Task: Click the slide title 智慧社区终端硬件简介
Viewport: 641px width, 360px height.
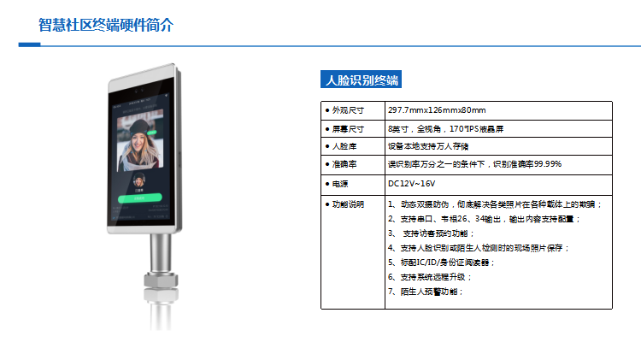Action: [x=106, y=25]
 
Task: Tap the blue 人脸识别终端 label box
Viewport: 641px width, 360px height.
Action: [x=361, y=80]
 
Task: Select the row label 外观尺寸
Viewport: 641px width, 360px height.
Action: [x=348, y=110]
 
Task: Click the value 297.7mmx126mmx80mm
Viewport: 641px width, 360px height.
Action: [x=437, y=110]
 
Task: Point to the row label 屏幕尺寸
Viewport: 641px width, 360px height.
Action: [x=348, y=129]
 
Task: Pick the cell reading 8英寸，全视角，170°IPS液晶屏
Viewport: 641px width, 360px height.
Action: [x=445, y=129]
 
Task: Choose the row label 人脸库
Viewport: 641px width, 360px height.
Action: [x=344, y=146]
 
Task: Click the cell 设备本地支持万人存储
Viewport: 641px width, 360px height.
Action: [x=428, y=146]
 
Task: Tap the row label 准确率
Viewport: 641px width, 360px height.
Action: [x=344, y=164]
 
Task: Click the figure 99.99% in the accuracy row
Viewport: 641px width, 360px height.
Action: [x=548, y=164]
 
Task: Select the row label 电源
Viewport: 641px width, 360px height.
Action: [x=340, y=184]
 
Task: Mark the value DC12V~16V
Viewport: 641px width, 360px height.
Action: [x=411, y=184]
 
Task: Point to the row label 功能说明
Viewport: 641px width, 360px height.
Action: [x=348, y=204]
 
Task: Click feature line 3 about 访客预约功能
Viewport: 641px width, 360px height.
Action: [x=431, y=233]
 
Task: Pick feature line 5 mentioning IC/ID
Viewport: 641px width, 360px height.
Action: [x=441, y=263]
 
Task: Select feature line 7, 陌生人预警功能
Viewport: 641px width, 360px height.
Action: [x=425, y=292]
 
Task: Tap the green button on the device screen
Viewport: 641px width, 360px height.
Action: [x=140, y=198]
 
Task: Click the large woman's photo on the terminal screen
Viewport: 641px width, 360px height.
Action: [x=140, y=140]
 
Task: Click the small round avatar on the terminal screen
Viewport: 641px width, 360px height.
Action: [x=139, y=180]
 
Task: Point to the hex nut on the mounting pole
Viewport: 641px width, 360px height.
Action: [x=161, y=280]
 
